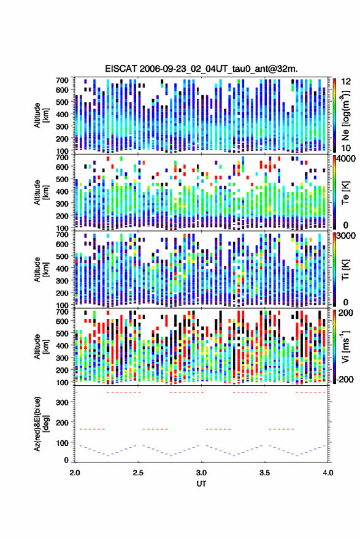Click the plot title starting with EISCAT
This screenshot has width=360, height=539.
click(202, 69)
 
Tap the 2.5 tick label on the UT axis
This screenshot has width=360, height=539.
click(138, 473)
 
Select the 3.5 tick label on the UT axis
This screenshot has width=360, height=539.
click(264, 473)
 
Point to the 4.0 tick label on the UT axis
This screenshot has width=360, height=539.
click(328, 473)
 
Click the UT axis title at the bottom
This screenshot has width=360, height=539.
click(202, 484)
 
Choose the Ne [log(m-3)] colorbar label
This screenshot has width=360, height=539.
click(345, 115)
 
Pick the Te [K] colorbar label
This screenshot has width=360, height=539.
click(345, 193)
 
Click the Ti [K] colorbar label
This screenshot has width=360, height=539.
click(345, 270)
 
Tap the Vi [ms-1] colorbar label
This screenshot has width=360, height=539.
click(345, 346)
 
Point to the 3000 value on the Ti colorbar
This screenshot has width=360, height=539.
click(347, 236)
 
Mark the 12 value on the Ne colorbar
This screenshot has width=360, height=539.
click(347, 82)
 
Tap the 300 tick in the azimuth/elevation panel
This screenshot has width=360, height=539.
click(62, 402)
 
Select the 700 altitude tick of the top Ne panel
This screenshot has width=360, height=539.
click(62, 80)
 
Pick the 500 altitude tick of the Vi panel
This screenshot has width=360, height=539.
click(62, 334)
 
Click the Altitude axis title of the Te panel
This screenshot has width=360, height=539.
click(41, 192)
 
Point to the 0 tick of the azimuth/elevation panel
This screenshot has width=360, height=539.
click(66, 460)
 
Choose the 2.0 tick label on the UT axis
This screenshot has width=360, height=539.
click(75, 473)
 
